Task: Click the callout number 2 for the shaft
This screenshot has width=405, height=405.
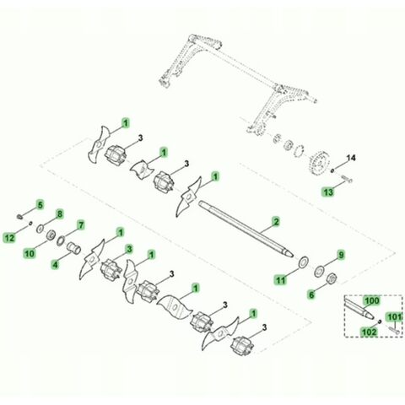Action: pyautogui.click(x=276, y=222)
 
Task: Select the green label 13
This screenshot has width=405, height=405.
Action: pyautogui.click(x=328, y=192)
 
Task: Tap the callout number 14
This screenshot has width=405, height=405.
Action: pyautogui.click(x=350, y=158)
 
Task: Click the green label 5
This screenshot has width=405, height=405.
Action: pyautogui.click(x=40, y=205)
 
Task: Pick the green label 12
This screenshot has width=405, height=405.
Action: pyautogui.click(x=9, y=238)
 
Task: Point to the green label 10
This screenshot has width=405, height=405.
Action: pyautogui.click(x=30, y=253)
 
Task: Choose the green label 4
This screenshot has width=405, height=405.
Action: pyautogui.click(x=56, y=265)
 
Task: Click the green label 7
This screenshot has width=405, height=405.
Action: pyautogui.click(x=81, y=225)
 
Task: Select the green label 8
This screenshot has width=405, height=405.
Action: pyautogui.click(x=59, y=214)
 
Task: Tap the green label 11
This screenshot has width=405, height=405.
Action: pyautogui.click(x=281, y=280)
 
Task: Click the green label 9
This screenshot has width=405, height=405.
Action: pyautogui.click(x=341, y=256)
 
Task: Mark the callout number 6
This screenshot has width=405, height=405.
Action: pyautogui.click(x=311, y=295)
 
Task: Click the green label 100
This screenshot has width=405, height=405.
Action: pyautogui.click(x=372, y=301)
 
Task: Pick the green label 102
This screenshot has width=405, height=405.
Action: pyautogui.click(x=369, y=332)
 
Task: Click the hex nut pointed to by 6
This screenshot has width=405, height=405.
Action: pyautogui.click(x=332, y=278)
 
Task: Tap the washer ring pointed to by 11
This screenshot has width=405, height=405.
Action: pyautogui.click(x=304, y=262)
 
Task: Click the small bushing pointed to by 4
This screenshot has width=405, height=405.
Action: pyautogui.click(x=73, y=247)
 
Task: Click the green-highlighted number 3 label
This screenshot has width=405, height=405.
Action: pyautogui.click(x=129, y=249)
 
